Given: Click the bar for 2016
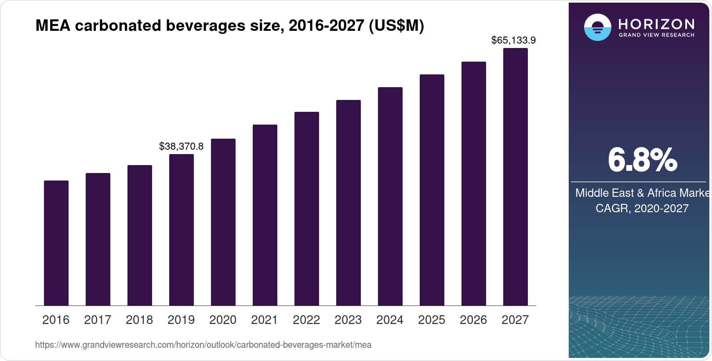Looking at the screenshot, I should (56, 243).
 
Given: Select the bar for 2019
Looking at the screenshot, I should (182, 230).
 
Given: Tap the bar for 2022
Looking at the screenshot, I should (307, 209).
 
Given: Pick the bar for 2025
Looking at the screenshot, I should (432, 190).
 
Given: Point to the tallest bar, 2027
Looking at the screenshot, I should (516, 177).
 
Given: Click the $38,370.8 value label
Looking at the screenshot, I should (181, 146).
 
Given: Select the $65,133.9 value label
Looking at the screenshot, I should (513, 41).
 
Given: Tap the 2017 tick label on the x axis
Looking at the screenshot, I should (98, 320).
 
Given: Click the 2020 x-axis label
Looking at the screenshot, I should (223, 320).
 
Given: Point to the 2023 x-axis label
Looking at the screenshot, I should (348, 320).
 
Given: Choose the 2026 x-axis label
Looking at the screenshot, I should (473, 320).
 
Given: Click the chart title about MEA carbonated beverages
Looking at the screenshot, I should (230, 26).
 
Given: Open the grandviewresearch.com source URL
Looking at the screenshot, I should (203, 345).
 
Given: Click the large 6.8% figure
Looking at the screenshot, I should (642, 160).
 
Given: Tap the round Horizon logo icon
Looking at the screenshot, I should (597, 28).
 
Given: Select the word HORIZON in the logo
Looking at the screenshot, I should (657, 24).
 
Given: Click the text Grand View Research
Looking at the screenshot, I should (657, 35).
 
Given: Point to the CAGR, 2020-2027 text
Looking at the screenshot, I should (642, 208).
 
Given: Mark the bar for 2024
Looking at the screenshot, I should (390, 196).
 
